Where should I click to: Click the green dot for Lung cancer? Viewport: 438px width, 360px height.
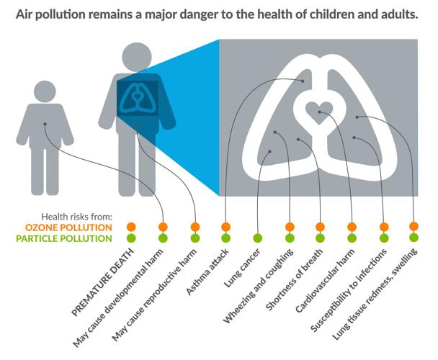[257, 238]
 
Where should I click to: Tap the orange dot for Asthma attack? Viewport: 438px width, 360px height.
[225, 228]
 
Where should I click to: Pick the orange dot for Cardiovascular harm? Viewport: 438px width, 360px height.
[352, 228]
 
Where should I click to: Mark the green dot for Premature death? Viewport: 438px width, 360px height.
[131, 238]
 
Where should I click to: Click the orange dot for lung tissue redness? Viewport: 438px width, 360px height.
[414, 227]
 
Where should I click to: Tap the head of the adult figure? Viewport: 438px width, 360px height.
[135, 57]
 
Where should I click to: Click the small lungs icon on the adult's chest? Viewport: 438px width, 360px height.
[136, 99]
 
